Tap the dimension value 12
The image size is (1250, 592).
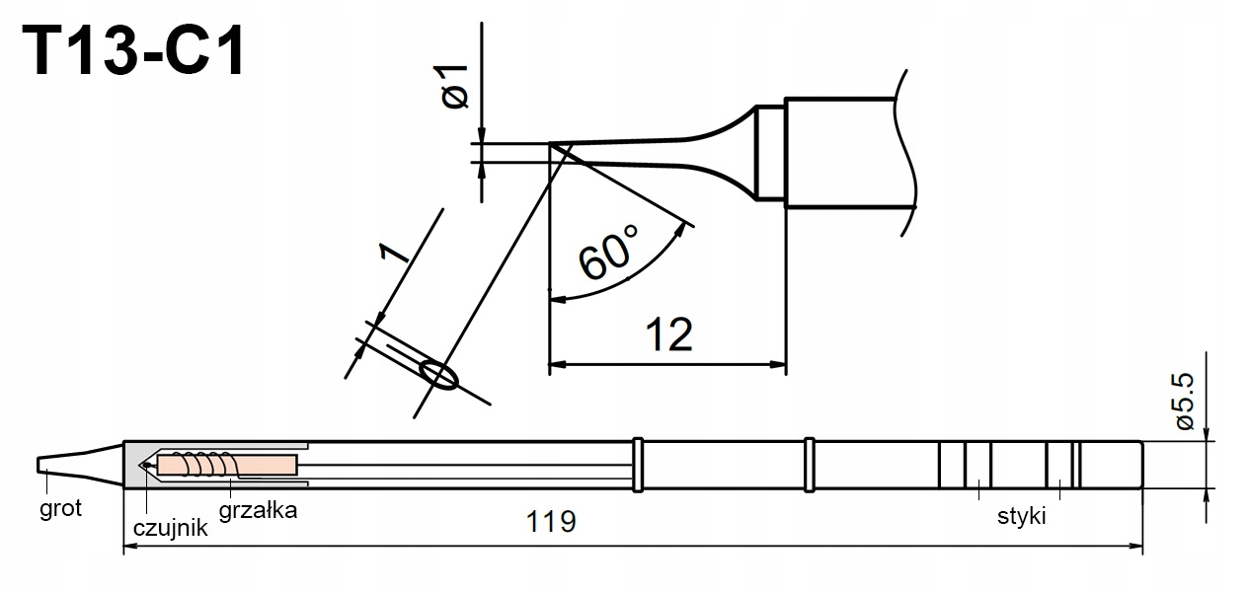[669, 335]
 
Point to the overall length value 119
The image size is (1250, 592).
[551, 521]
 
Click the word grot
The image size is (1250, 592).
[60, 509]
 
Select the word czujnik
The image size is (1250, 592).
[170, 528]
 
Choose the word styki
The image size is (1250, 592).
[1021, 516]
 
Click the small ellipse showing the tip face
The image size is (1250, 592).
[438, 375]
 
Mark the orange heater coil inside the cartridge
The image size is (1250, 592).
[227, 464]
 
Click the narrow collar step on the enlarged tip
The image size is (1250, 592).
[771, 153]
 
